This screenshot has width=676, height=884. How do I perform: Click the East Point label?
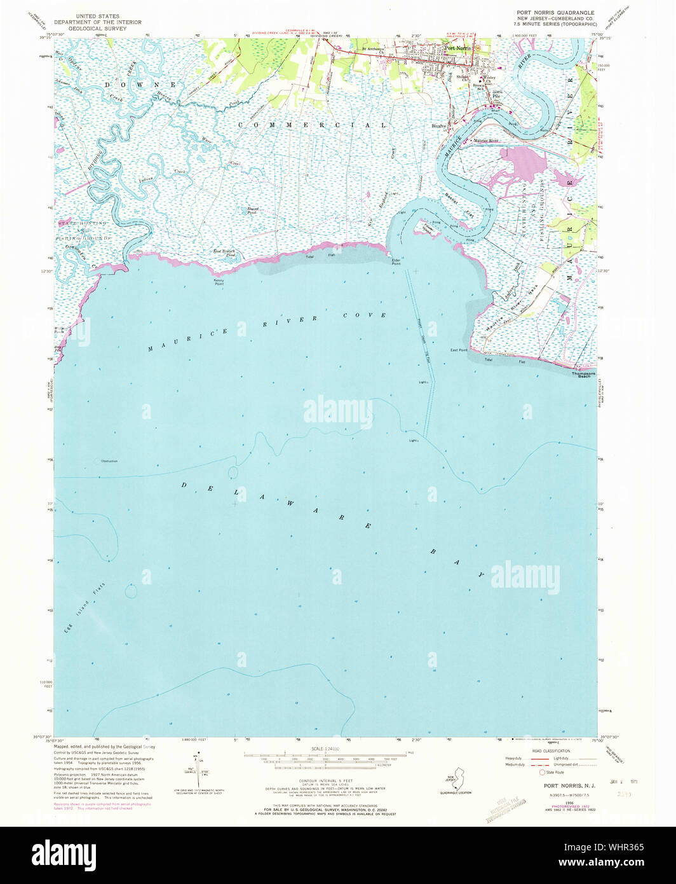[459, 350]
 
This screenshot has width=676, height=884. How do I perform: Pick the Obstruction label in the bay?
[109, 461]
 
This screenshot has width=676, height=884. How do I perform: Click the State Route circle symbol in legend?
[542, 773]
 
